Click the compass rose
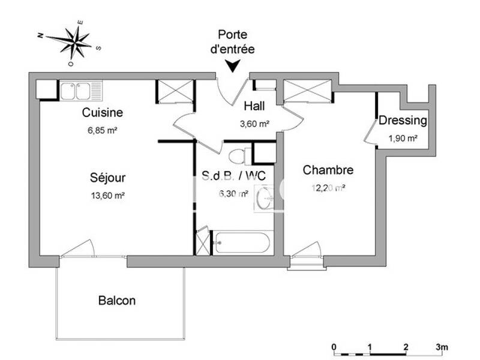point(74,43)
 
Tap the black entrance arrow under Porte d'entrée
point(232,66)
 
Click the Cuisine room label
point(103,112)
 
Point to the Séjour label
point(108,178)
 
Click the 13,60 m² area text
point(107,195)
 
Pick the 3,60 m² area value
point(254,124)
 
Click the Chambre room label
point(328,170)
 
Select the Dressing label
point(403,121)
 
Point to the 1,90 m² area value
point(403,138)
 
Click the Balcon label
point(117,301)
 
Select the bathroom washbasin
point(264,198)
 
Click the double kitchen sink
point(75,91)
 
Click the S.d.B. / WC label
point(233,176)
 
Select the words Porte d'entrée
point(232,42)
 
